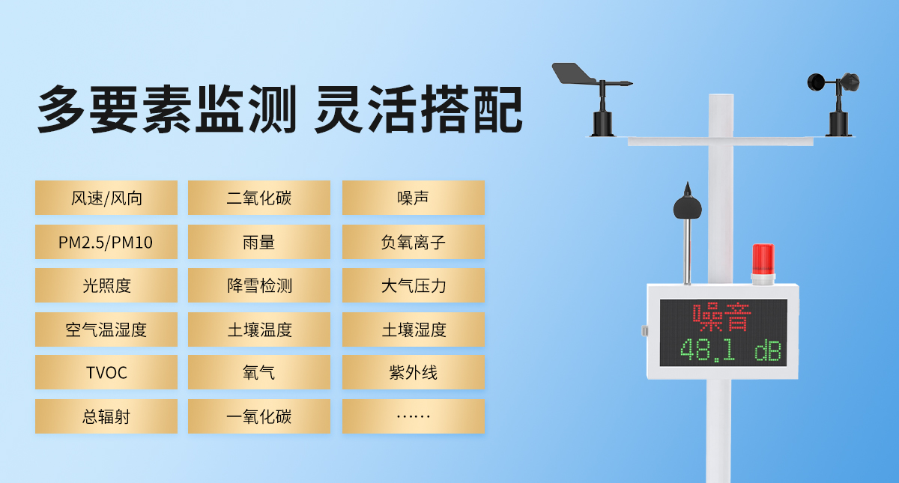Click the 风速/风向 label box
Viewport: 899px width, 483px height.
coord(106,198)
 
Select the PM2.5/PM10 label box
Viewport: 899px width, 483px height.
coord(106,242)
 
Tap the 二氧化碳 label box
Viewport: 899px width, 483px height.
coord(259,198)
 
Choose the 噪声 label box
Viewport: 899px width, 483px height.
coord(414,198)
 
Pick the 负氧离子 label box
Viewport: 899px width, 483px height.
coord(414,242)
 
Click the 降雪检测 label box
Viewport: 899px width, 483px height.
coord(259,285)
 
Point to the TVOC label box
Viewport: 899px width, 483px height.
coord(106,372)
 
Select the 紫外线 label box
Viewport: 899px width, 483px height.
coord(414,372)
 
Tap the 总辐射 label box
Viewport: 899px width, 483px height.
coord(106,416)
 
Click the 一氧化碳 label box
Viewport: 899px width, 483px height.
coord(259,416)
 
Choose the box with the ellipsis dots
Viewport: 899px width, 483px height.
coord(414,416)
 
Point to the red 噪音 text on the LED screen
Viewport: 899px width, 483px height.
coord(721,318)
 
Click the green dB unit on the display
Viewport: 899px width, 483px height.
coord(768,350)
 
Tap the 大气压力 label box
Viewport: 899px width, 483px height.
coord(414,285)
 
